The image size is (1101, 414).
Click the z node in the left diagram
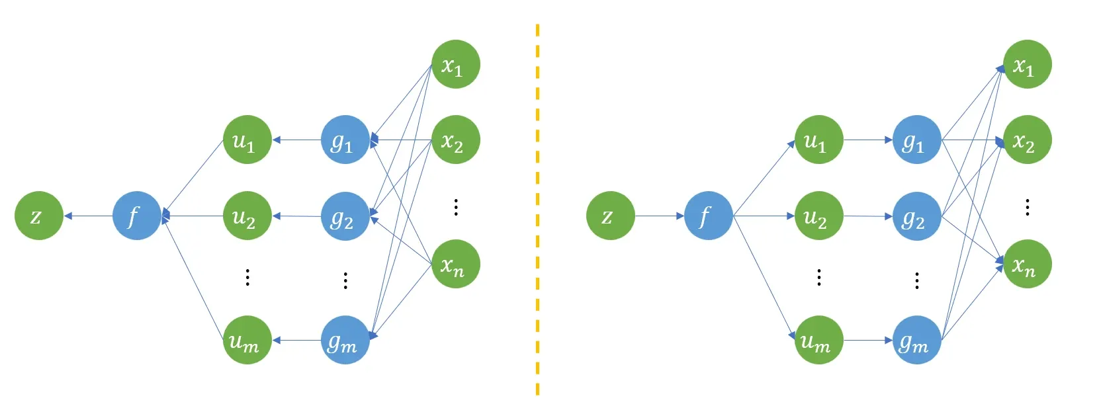pos(39,216)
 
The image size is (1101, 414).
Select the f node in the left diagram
pos(136,216)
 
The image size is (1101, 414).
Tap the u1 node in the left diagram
pos(247,140)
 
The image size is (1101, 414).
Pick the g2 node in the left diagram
pos(345,216)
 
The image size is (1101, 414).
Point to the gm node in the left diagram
pos(345,340)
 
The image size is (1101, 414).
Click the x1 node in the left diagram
pos(455,64)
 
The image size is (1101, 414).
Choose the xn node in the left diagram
pos(455,264)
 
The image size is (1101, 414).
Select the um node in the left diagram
pos(247,340)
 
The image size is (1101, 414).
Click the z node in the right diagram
pos(610,216)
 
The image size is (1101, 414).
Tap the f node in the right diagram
pos(708,216)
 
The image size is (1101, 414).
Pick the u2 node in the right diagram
pos(818,216)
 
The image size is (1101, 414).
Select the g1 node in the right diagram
pos(916,140)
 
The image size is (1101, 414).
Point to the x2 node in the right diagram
pos(1027,140)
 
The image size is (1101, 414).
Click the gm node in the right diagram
pos(916,340)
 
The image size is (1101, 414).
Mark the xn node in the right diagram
pos(1027,264)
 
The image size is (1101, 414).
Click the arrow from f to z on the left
pos(88,216)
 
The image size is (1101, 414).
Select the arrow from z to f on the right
pos(659,216)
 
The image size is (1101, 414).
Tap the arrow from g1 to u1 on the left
pos(296,140)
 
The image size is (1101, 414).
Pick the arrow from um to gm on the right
pos(867,340)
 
